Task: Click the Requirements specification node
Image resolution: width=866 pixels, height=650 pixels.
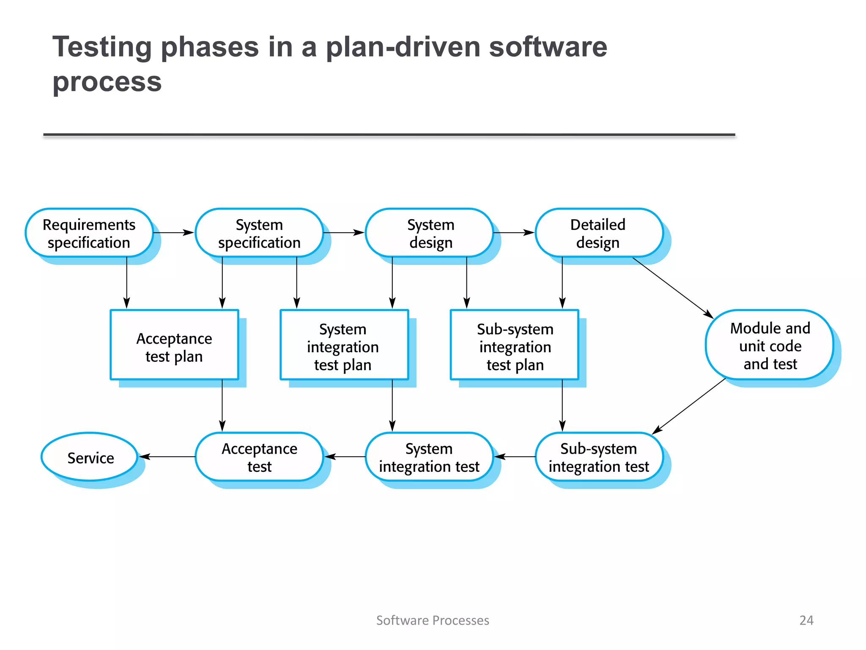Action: pos(89,233)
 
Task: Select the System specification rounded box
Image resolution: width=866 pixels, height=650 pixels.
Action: pos(259,233)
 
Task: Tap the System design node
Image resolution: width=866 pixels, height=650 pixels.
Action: pos(430,233)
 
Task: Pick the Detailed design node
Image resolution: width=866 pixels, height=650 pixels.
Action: pos(599,233)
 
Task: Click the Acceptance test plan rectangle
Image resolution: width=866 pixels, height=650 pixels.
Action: pos(174,345)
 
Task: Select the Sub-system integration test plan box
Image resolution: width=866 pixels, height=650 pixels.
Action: pos(514,345)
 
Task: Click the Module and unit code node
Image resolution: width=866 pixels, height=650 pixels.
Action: pos(769,345)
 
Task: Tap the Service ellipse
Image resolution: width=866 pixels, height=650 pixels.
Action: pos(90,457)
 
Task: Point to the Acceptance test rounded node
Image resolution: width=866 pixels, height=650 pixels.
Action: pos(259,457)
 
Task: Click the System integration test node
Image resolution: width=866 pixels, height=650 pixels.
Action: pos(430,457)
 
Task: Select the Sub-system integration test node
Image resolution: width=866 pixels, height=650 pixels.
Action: pos(599,457)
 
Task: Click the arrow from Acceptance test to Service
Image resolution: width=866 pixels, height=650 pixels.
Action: pos(167,457)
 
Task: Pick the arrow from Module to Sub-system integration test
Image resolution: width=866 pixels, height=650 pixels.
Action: pos(689,406)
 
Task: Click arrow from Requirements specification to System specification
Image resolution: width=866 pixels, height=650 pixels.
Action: pos(173,232)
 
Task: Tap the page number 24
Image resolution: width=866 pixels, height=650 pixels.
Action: pos(806,620)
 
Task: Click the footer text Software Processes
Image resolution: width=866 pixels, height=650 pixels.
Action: pos(433,620)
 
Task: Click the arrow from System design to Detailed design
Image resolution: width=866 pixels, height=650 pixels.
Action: pos(514,232)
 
